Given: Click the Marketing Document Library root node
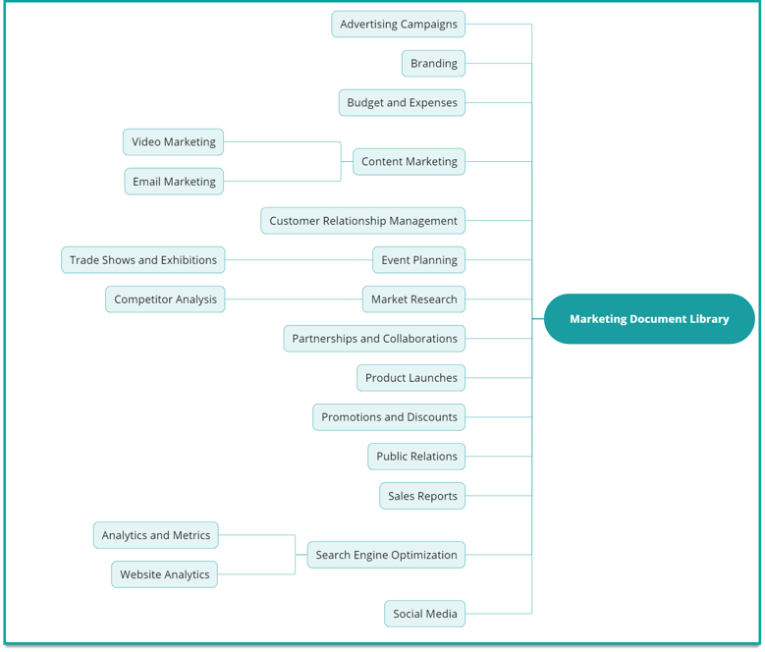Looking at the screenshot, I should click(x=649, y=319).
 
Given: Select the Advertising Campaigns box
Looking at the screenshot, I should click(x=398, y=25).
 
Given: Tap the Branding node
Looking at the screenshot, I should click(x=433, y=64).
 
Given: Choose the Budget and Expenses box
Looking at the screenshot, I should click(x=402, y=103).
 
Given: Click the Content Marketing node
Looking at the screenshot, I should click(x=409, y=162).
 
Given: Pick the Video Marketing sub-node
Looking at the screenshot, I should click(x=174, y=142).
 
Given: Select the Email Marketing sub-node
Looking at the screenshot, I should click(x=174, y=182).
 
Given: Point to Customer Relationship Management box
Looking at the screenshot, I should click(x=362, y=221).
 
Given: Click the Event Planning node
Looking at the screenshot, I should click(x=418, y=260).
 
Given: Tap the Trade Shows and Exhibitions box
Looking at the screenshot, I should click(x=143, y=260).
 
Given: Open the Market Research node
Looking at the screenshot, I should click(x=413, y=299).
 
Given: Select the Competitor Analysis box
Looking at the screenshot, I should click(x=165, y=299).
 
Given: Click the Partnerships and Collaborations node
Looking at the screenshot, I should click(x=374, y=339).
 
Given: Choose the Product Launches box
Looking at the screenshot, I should click(x=410, y=378).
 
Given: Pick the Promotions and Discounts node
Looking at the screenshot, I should click(x=389, y=417).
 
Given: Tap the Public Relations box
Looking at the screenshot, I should click(x=416, y=457).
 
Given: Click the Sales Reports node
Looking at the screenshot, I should click(x=422, y=496).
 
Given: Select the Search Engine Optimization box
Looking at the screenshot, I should click(x=386, y=555).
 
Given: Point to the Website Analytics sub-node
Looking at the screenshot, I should click(x=164, y=574).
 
